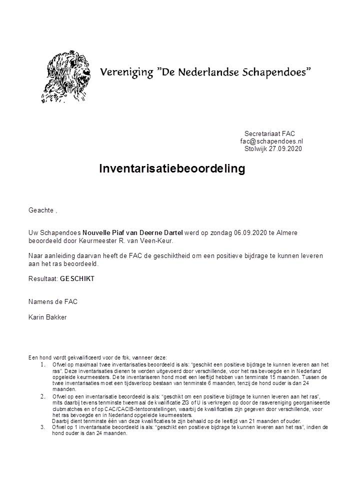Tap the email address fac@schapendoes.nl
pyautogui.click(x=271, y=141)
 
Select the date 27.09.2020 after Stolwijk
pyautogui.click(x=287, y=148)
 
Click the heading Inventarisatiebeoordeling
pyautogui.click(x=172, y=168)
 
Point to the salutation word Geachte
pyautogui.click(x=41, y=210)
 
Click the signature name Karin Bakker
pyautogui.click(x=47, y=317)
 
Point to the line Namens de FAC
pyautogui.click(x=53, y=301)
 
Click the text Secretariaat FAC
pyautogui.click(x=270, y=133)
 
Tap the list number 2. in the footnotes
pyautogui.click(x=43, y=396)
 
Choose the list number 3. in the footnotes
pyautogui.click(x=43, y=427)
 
